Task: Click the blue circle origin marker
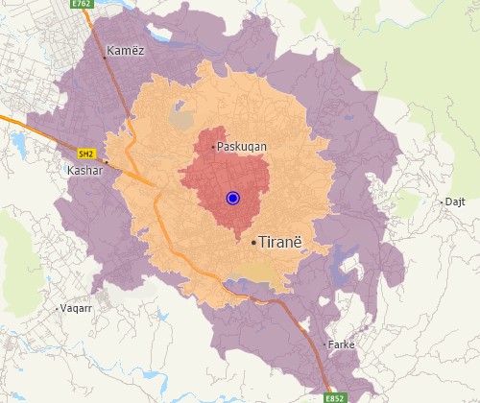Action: pos(232,198)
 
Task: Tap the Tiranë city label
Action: pos(280,243)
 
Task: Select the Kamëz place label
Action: pos(127,51)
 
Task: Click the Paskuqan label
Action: pos(242,147)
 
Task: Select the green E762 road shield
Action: pos(83,5)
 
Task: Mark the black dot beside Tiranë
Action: pos(253,243)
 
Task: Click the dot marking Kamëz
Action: pos(105,59)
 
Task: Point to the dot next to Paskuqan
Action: pos(213,147)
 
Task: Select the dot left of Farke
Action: pos(324,344)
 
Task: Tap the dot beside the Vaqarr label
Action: pos(56,309)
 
